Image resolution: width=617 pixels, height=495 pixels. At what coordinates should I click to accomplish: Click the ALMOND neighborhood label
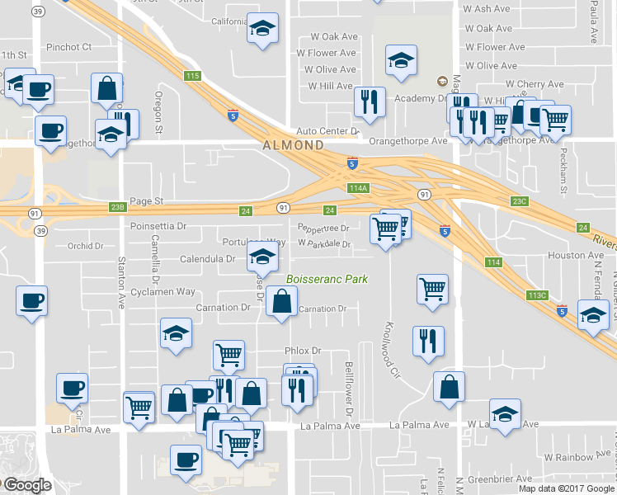[x=293, y=145]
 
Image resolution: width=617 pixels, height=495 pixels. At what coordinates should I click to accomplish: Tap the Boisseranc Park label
[x=327, y=280]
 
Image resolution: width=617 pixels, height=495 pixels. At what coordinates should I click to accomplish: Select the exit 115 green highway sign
[x=193, y=76]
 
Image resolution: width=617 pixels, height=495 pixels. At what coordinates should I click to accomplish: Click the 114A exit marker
[x=358, y=188]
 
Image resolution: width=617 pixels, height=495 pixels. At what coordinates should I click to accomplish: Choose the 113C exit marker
[x=538, y=295]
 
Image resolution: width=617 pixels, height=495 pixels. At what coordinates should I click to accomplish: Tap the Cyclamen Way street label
[x=162, y=291]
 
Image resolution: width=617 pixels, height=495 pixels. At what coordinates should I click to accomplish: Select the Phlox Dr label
[x=301, y=351]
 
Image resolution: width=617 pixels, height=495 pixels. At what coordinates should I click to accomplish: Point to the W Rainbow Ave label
[x=577, y=456]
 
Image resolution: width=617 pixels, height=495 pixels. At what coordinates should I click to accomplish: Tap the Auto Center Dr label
[x=327, y=131]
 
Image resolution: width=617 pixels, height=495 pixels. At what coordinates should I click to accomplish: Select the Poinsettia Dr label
[x=158, y=225]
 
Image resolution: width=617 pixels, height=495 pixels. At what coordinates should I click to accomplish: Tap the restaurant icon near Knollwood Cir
[x=428, y=342]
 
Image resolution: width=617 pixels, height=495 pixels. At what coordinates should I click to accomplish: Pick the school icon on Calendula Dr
[x=261, y=257]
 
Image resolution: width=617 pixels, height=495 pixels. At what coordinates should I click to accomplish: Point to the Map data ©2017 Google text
[x=566, y=488]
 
